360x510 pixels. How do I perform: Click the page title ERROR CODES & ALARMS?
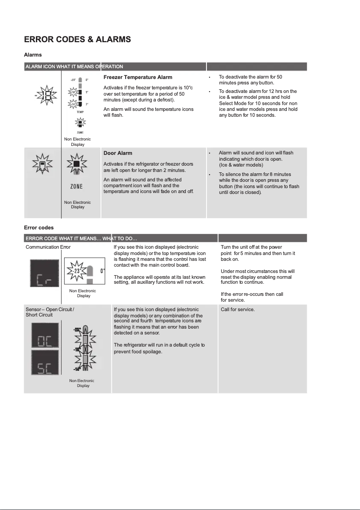click(77, 40)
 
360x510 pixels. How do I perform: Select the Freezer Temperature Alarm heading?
click(138, 77)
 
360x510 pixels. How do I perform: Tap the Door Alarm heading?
click(118, 153)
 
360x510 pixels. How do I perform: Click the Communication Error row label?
click(48, 247)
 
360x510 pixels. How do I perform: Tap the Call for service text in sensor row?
click(237, 309)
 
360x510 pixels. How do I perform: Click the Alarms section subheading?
click(33, 55)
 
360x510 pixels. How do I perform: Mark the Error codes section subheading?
click(39, 228)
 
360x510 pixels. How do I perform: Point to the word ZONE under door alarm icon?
click(76, 187)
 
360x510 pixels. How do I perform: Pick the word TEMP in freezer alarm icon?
click(80, 111)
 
